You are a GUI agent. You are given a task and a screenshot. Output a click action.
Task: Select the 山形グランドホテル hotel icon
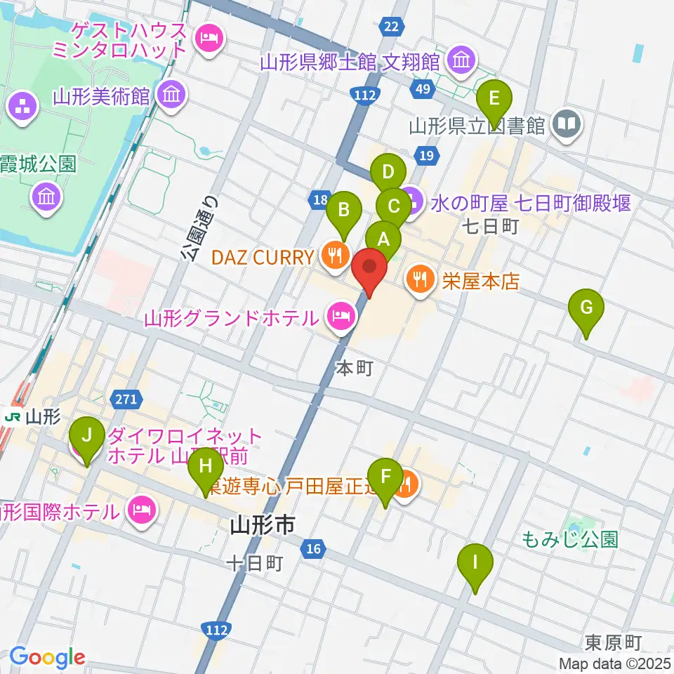pos(341,318)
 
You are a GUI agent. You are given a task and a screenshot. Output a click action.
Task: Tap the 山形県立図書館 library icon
pos(566,126)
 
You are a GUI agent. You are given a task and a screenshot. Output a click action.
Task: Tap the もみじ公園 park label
pos(570,538)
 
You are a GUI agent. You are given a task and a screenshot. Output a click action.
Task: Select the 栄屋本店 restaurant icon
pos(420,281)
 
